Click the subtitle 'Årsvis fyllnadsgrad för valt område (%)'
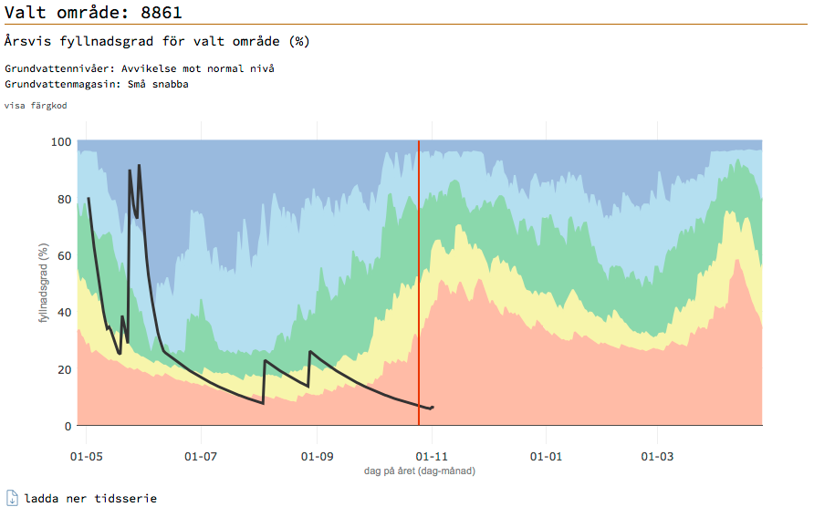click(x=157, y=42)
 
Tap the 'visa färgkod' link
click(x=36, y=106)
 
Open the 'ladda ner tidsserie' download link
click(x=90, y=499)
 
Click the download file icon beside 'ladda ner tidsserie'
click(x=12, y=498)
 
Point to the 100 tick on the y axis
click(x=61, y=142)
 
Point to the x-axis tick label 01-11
click(x=431, y=455)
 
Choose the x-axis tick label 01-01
click(x=545, y=455)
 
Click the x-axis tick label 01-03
click(x=656, y=455)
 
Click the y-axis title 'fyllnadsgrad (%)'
click(x=42, y=284)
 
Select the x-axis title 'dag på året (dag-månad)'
click(x=420, y=471)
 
